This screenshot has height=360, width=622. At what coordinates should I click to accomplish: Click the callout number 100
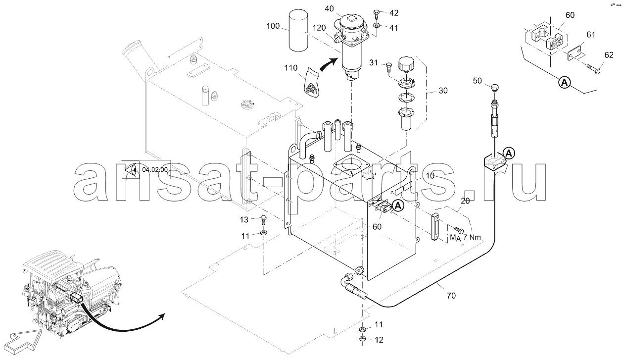[273, 26]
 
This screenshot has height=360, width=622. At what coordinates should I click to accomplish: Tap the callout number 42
[394, 13]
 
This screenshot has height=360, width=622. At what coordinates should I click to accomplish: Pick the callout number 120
[319, 28]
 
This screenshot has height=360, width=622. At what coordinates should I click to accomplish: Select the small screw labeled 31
[388, 67]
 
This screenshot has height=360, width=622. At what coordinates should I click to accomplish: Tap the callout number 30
[443, 91]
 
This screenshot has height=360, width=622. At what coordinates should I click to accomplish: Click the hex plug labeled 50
[495, 88]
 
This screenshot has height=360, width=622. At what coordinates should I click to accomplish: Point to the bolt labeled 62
[593, 69]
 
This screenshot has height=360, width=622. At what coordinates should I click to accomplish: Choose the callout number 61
[591, 35]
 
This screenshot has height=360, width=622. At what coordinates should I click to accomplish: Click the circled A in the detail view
[564, 83]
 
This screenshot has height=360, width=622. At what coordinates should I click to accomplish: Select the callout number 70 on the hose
[451, 296]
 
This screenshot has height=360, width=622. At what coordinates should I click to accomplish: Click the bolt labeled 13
[263, 220]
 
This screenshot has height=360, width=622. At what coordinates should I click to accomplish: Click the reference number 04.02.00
[155, 170]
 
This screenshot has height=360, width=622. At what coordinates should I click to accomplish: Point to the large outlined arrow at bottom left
[24, 342]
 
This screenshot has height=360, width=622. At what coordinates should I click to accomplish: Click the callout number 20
[465, 201]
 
